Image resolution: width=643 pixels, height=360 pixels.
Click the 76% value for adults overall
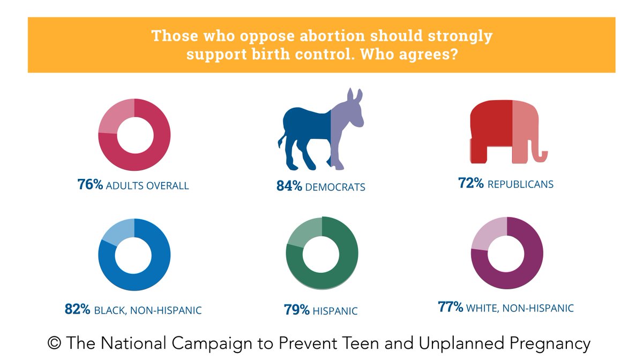pos(90,186)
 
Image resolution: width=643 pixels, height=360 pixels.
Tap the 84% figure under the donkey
pos(289,186)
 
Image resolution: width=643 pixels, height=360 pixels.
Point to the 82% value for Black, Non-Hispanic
pos(77,309)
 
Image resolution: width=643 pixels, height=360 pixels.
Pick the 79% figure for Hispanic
pos(296,310)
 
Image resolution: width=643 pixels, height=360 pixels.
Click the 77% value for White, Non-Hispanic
pos(450,307)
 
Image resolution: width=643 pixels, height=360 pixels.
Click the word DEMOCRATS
pos(335,187)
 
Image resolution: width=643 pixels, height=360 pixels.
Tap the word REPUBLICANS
pos(520,184)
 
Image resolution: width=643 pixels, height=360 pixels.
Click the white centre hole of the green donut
pos(322,253)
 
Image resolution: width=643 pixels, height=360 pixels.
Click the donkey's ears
pos(354,96)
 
